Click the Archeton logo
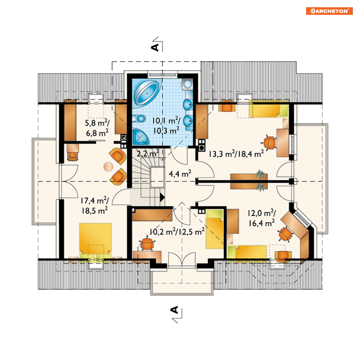click(329, 11)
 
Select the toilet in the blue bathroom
click(139, 119)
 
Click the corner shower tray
click(140, 137)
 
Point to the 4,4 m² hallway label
click(180, 174)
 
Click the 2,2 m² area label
click(148, 153)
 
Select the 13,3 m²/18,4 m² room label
click(236, 154)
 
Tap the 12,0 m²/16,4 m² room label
click(262, 218)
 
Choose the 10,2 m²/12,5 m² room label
click(177, 232)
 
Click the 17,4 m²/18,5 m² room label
click(94, 205)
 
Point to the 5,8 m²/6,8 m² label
click(97, 128)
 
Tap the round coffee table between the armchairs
click(108, 167)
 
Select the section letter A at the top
click(155, 47)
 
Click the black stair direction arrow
click(162, 197)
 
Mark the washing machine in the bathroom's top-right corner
click(187, 84)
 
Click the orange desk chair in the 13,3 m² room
click(269, 143)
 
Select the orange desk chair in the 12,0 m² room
click(286, 233)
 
